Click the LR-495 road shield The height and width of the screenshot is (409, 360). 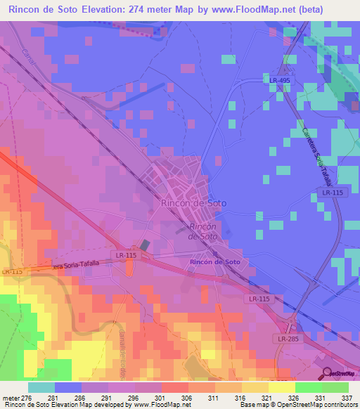point(279,81)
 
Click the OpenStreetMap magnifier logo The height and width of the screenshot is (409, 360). point(327,372)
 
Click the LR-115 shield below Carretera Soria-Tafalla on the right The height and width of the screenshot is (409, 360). point(328,192)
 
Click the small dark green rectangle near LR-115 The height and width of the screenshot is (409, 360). point(145,245)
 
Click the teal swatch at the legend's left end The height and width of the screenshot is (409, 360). point(41,387)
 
